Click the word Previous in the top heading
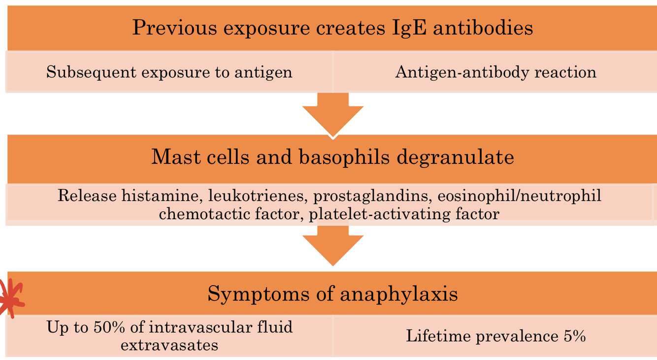167,28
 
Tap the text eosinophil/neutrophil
517,196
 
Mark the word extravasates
169,344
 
